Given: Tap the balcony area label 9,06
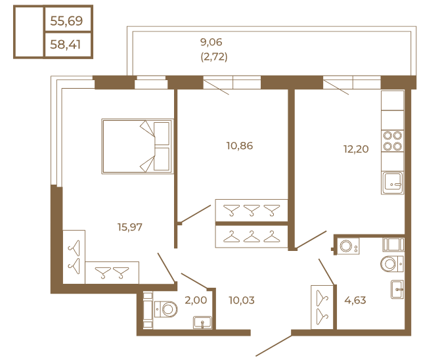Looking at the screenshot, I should [x=211, y=42].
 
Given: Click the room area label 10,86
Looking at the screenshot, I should [x=239, y=146].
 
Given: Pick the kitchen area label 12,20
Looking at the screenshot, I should [x=355, y=149].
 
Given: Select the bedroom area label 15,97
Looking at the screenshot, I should [x=130, y=227].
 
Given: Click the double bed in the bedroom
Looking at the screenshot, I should [x=137, y=146].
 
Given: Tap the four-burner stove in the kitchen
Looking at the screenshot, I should [x=392, y=141].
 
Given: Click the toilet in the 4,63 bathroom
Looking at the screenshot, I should [x=392, y=264].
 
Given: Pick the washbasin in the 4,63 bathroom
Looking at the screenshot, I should [x=397, y=289].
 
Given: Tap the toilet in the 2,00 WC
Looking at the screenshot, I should [x=165, y=307].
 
